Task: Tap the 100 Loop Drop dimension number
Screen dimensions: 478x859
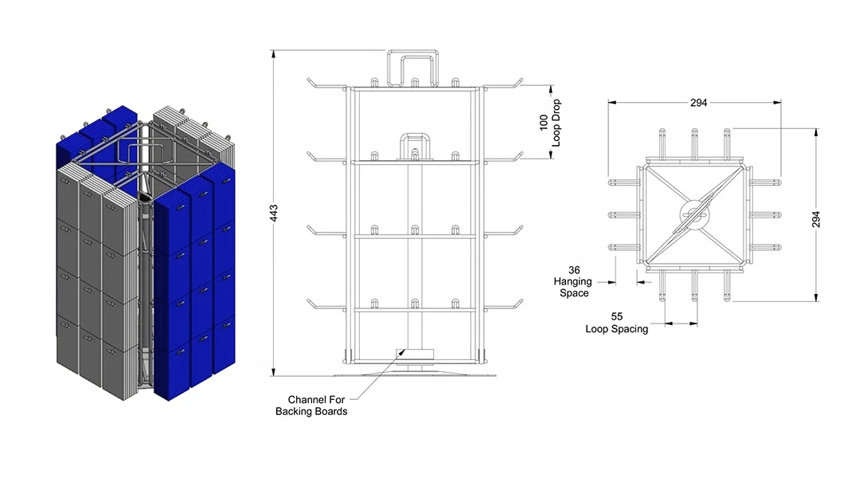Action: click(x=544, y=122)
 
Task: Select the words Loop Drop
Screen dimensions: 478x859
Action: click(x=556, y=122)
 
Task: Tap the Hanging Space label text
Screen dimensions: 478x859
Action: click(x=573, y=288)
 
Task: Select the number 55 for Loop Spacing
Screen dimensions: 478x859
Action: click(x=617, y=317)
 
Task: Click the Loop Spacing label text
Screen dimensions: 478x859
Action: click(x=617, y=328)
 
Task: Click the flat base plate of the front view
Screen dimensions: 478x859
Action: click(x=414, y=371)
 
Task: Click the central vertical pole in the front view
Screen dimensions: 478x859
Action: click(x=414, y=255)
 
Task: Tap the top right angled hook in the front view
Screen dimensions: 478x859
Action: click(x=518, y=81)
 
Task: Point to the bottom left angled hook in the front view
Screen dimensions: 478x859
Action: click(x=310, y=303)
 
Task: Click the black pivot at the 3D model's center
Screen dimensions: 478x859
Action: click(x=144, y=196)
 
